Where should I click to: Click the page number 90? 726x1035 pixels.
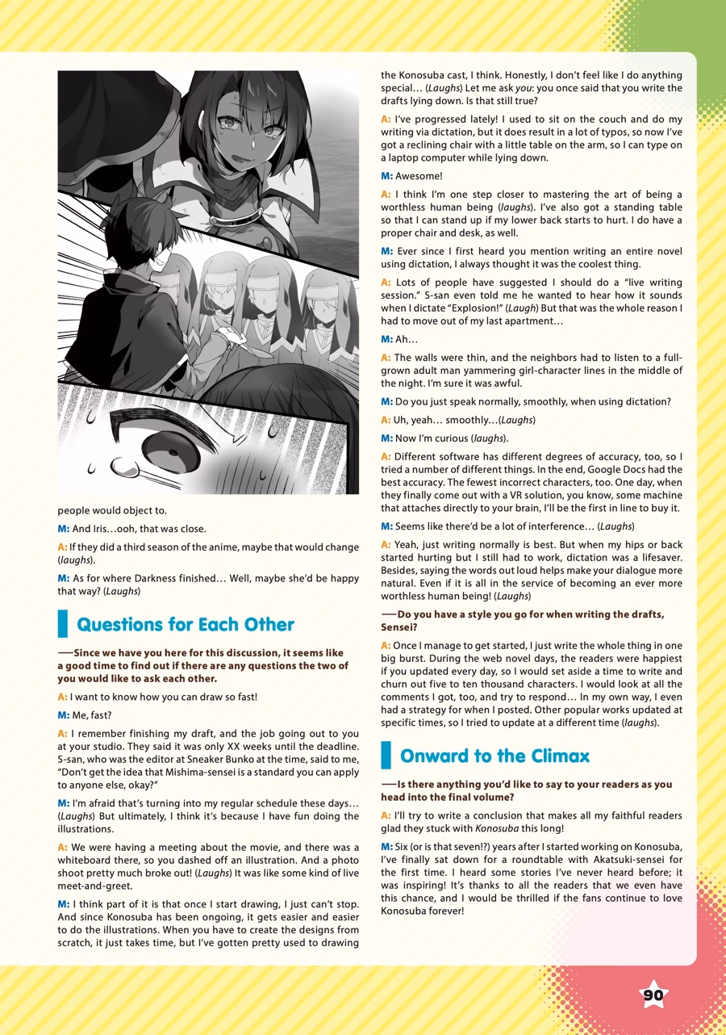tap(653, 995)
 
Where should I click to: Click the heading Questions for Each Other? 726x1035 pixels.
tap(186, 624)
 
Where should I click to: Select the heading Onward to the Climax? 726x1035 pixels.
tap(494, 756)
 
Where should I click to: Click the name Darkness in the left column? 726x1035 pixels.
tap(161, 577)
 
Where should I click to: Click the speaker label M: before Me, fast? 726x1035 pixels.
tap(64, 715)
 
